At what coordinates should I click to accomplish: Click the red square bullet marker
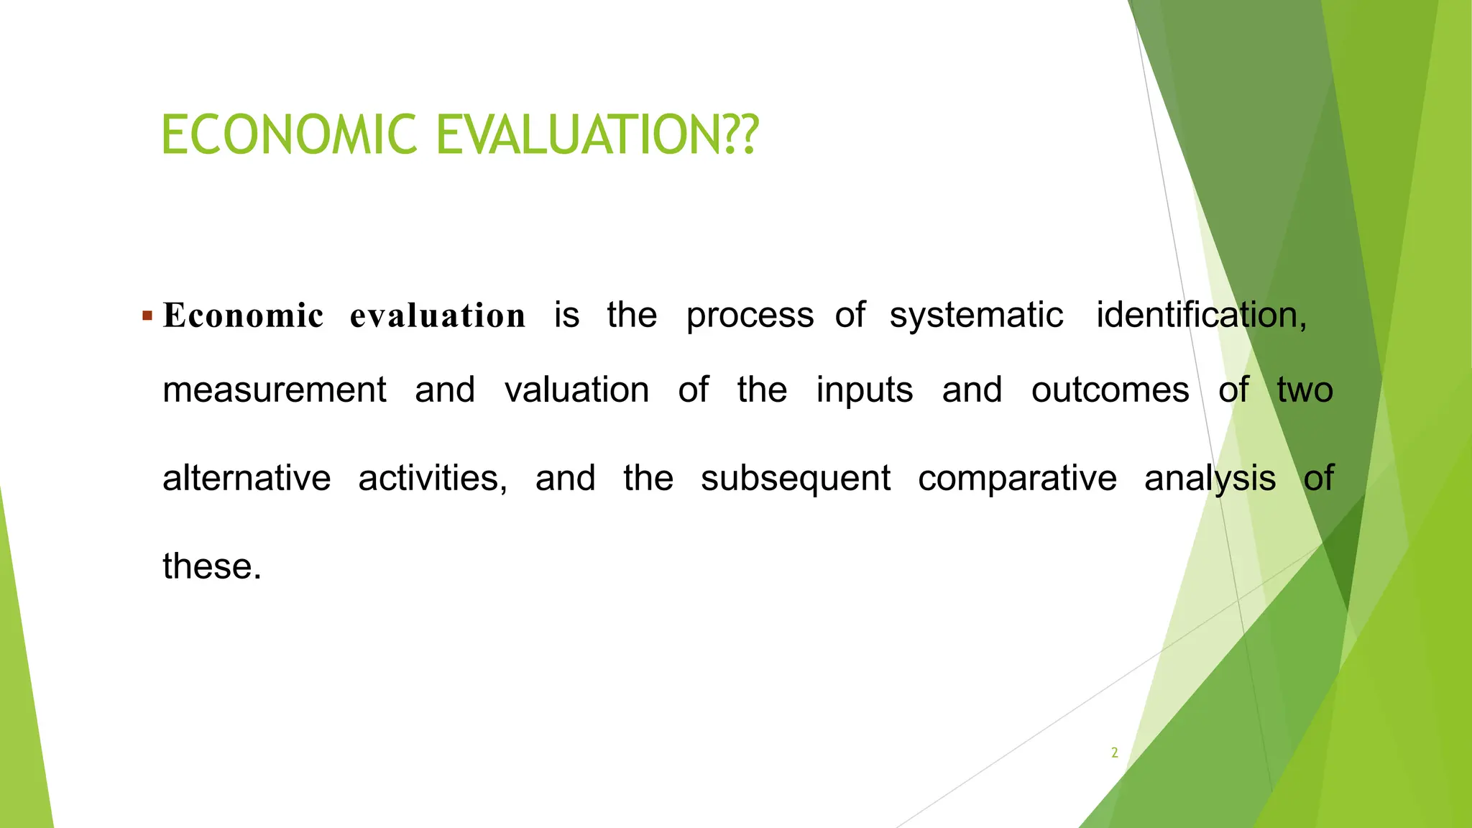[147, 316]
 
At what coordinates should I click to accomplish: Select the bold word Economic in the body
[243, 316]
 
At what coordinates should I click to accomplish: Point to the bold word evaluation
[437, 316]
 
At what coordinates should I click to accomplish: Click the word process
[750, 316]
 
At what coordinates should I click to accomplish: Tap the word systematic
[976, 315]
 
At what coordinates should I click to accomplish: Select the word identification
[1200, 315]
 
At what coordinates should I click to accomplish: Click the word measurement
[275, 390]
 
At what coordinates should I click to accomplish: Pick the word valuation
[576, 390]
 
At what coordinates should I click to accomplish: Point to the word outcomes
[1110, 390]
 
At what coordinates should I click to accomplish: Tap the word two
[1305, 390]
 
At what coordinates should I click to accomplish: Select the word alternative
[247, 478]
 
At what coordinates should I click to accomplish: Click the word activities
[433, 478]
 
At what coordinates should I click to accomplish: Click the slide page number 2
[1114, 753]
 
